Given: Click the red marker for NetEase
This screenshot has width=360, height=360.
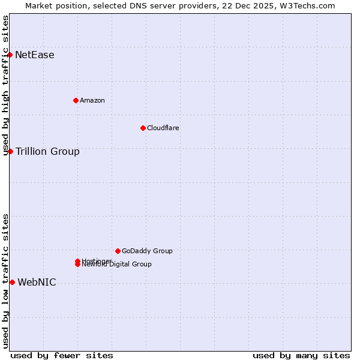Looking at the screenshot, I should [x=10, y=55].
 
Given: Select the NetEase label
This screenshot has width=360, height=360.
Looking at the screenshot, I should [x=34, y=55].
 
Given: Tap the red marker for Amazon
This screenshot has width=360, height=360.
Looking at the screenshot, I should [x=76, y=100].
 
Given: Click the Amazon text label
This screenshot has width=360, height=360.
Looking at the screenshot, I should [x=92, y=100].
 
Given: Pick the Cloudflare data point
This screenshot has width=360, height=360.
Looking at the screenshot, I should [x=143, y=128].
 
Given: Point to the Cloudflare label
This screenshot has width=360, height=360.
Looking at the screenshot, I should [x=163, y=128].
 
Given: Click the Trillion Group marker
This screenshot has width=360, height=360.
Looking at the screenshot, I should [x=10, y=151].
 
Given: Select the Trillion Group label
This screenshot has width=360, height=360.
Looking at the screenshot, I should [x=47, y=151].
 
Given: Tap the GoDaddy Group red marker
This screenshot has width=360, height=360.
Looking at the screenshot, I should [x=118, y=251].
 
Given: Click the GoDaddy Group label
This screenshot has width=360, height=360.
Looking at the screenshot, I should [x=147, y=251].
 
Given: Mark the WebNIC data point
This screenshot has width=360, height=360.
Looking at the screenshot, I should [x=12, y=282].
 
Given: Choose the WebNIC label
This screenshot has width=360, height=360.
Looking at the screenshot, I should [x=37, y=282].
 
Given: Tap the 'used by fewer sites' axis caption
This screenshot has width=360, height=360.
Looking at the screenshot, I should [x=62, y=355].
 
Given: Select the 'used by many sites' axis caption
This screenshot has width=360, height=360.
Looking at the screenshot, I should [x=301, y=355].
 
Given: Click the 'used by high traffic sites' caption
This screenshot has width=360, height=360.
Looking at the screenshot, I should [x=6, y=85].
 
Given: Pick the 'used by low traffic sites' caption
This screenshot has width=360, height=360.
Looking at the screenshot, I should [x=6, y=281].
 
